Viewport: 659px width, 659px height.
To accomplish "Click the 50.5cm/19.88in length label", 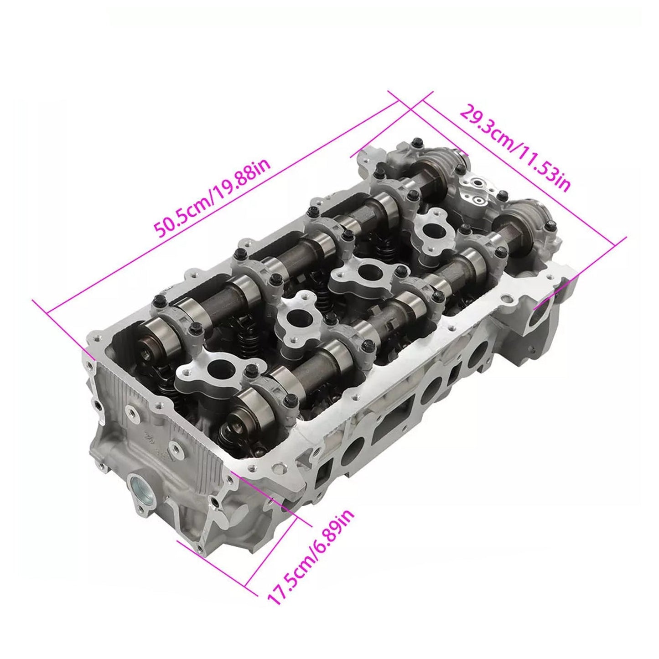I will [x=213, y=199].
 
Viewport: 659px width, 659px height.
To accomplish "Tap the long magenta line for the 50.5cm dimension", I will [x=219, y=201].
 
